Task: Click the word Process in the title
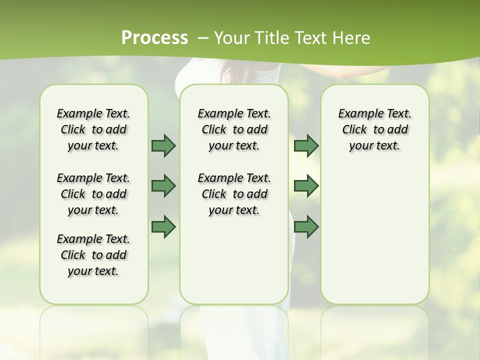155,37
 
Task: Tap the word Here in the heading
350,38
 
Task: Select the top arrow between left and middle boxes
163,145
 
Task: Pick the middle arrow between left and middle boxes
163,186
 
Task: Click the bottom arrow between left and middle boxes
163,226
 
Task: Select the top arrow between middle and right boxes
306,145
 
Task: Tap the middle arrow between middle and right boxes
306,186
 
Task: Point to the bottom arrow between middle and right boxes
306,226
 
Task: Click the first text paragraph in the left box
93,129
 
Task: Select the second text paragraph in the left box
93,194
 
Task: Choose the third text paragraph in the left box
93,255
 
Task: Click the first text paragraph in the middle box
234,129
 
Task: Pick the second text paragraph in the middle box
234,194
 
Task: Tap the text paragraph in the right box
374,129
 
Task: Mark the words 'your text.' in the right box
374,146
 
